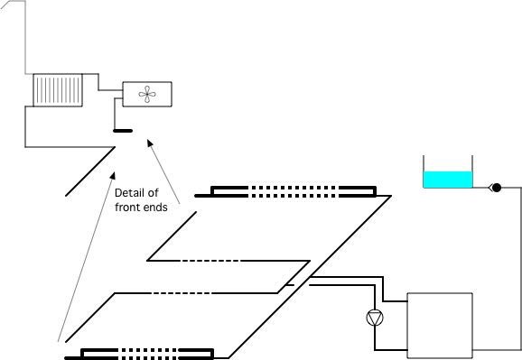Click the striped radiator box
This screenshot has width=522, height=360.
59,90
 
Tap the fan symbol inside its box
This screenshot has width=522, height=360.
146,92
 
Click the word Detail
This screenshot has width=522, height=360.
131,191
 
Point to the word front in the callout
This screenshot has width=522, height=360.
128,207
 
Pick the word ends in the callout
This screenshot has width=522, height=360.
157,207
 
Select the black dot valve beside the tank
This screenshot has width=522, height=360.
496,188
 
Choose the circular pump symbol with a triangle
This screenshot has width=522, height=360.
375,318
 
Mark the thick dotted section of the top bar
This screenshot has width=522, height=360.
294,190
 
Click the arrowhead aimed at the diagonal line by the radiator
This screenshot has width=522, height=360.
113,171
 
